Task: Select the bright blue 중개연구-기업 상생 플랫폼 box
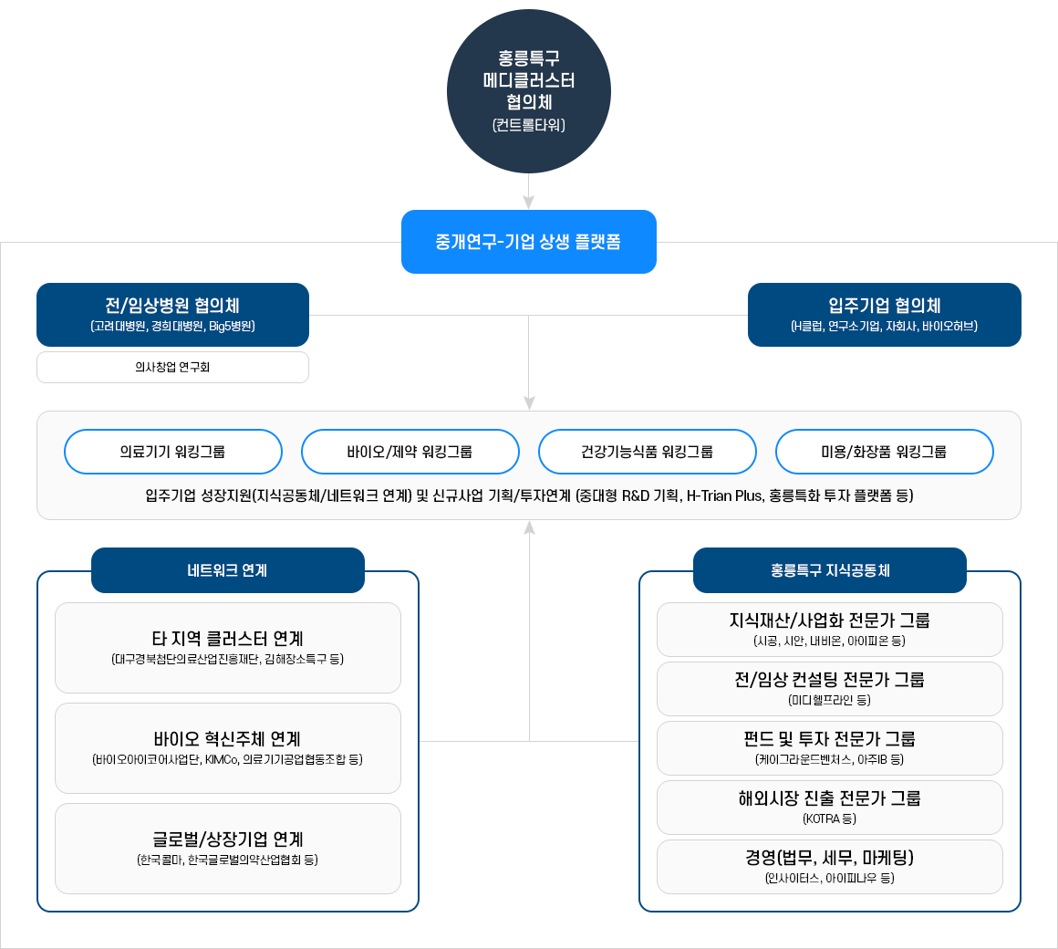(529, 242)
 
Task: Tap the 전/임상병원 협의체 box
(172, 314)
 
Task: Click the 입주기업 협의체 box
(884, 314)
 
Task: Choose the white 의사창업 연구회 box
(172, 367)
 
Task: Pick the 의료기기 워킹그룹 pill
(172, 452)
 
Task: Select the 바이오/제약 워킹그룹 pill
(410, 452)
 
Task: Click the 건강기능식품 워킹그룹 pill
(647, 452)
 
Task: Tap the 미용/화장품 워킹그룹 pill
(884, 452)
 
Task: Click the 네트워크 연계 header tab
(227, 570)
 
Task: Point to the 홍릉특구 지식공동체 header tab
(829, 570)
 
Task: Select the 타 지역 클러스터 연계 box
(227, 647)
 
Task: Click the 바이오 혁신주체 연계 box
(227, 747)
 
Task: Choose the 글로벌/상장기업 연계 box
(227, 848)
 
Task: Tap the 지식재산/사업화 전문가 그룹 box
(829, 629)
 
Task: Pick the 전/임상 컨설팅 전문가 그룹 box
(829, 688)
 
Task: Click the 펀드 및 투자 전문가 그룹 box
(829, 747)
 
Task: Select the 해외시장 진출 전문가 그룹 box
(829, 807)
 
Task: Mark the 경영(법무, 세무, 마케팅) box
(829, 866)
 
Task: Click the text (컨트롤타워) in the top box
(529, 125)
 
